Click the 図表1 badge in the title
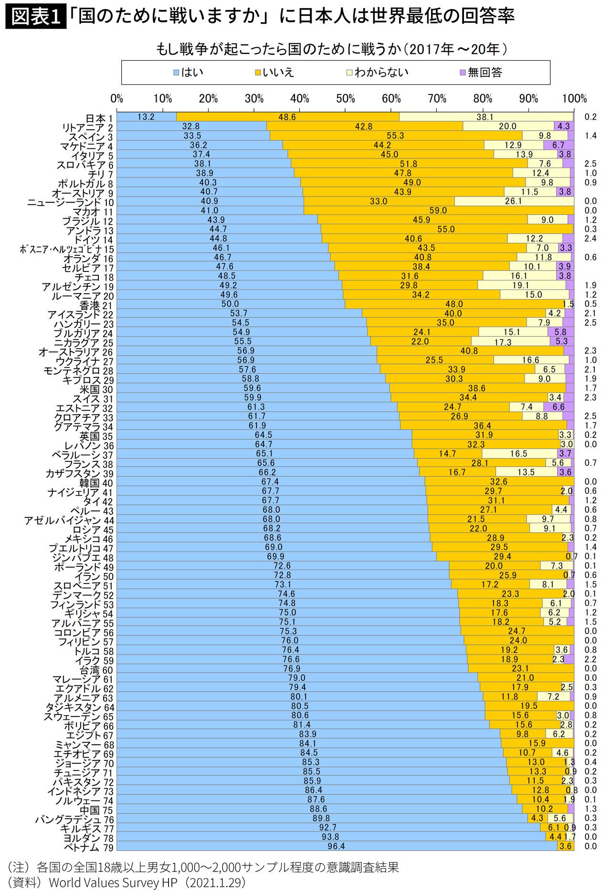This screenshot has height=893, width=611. pos(35,17)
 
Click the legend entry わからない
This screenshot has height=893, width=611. pos(377,73)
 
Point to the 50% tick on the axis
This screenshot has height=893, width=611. pos(345,99)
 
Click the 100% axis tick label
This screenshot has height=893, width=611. pos(574,99)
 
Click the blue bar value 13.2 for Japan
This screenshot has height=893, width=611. pos(146,117)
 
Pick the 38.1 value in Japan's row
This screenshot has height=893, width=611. pos(485,117)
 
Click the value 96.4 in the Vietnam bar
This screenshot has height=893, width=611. pos(337,846)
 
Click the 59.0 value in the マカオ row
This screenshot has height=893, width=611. pos(438,210)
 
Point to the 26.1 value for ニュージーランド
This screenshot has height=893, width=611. pos(513,201)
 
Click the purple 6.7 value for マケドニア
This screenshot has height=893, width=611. pos(558,145)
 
